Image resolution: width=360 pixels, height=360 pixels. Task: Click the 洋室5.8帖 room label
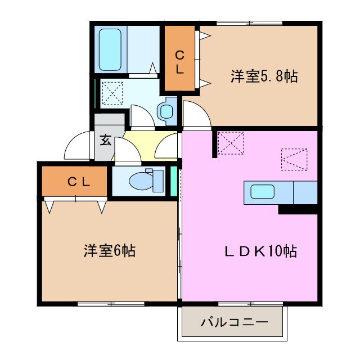263,76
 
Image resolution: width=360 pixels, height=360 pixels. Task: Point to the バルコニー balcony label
233,323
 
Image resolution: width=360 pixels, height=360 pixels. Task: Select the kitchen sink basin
262,192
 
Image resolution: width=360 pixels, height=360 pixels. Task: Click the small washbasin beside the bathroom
166,111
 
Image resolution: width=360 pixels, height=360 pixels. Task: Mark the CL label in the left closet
79,181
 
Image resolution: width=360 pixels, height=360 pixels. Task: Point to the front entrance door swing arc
77,147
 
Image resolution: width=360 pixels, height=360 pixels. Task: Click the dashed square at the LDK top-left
230,143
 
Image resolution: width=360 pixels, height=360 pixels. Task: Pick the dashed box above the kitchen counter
293,159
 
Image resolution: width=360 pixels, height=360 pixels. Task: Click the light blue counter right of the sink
305,192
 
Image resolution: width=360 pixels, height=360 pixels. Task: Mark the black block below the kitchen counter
298,209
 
